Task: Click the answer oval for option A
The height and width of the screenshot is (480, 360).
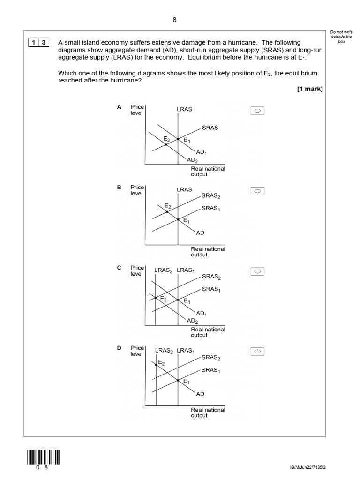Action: (x=258, y=111)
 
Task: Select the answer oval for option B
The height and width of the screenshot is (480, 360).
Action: (x=258, y=191)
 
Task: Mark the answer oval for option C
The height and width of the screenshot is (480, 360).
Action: (x=258, y=271)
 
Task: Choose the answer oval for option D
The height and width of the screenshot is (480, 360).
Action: (x=258, y=351)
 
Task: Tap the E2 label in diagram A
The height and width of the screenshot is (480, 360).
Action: (x=166, y=139)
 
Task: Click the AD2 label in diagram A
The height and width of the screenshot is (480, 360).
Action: (x=192, y=160)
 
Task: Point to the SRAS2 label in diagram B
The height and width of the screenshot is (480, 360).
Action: (x=210, y=196)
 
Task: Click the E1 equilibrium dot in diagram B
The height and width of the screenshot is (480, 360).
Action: (x=178, y=219)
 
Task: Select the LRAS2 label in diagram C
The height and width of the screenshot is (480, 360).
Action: (x=164, y=270)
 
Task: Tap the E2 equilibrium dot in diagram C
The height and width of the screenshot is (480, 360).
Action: (x=156, y=298)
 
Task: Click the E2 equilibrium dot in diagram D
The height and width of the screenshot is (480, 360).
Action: (x=156, y=364)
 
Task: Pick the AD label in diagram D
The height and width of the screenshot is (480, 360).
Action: (x=200, y=394)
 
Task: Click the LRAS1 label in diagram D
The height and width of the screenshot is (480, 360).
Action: (x=186, y=351)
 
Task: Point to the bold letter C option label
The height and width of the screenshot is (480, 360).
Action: (x=119, y=268)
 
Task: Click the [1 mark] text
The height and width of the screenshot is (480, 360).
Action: (x=310, y=90)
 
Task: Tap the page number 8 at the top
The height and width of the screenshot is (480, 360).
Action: (x=175, y=19)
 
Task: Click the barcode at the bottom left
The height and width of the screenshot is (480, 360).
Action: (x=44, y=457)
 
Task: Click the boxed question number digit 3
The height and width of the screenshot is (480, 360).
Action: (x=44, y=43)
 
